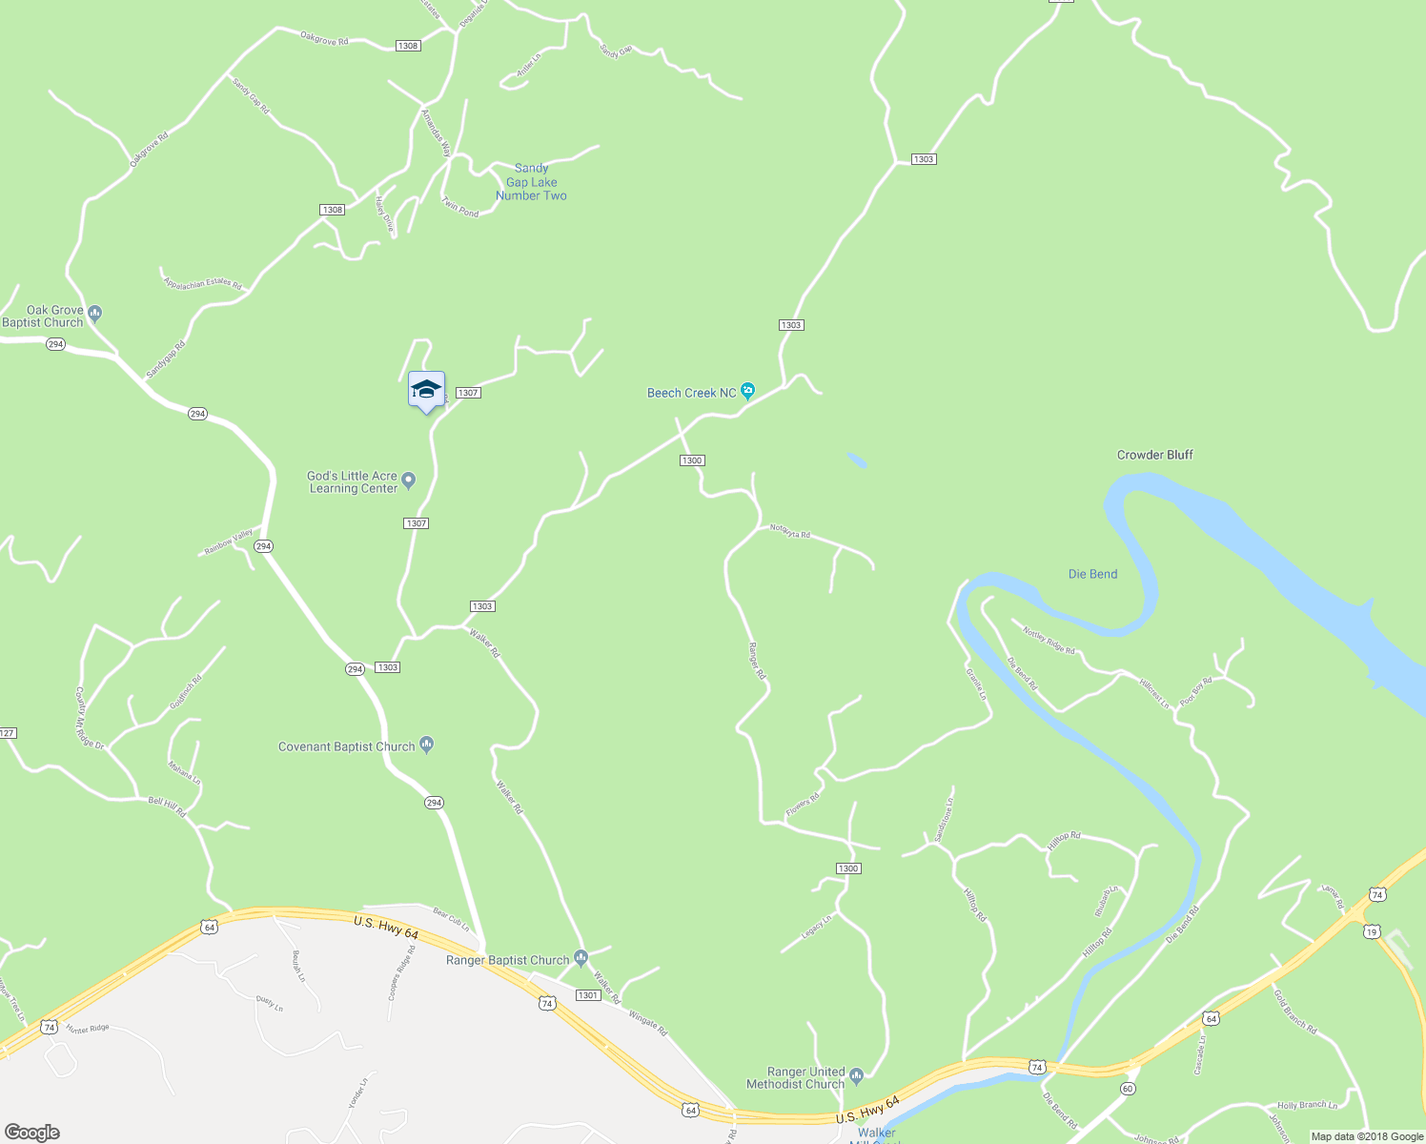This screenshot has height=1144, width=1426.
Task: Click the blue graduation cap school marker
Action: click(426, 390)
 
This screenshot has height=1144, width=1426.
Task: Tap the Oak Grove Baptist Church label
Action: click(44, 317)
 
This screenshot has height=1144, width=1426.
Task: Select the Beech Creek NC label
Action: click(692, 393)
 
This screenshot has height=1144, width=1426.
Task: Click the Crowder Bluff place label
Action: click(1154, 455)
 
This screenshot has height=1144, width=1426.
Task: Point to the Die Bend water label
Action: click(1092, 574)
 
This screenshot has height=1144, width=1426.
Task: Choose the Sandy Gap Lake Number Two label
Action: click(531, 182)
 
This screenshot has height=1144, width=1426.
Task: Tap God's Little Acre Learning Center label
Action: click(353, 482)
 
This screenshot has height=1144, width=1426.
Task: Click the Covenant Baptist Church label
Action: click(347, 746)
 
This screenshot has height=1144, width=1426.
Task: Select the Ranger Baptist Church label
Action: click(508, 960)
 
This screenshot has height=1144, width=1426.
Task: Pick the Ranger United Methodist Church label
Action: click(796, 1078)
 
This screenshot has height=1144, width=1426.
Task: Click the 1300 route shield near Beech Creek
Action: click(692, 460)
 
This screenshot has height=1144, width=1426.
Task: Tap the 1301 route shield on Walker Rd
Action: click(588, 995)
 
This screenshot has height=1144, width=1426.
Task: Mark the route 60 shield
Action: click(1128, 1089)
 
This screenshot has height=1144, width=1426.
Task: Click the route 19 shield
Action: click(1372, 932)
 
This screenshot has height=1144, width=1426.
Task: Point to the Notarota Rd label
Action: click(790, 533)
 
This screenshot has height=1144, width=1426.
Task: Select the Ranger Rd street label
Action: click(757, 661)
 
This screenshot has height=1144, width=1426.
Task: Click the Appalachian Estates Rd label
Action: click(202, 283)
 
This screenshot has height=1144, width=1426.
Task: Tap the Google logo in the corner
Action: click(31, 1133)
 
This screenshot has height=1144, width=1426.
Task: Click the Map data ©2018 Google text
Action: click(1366, 1136)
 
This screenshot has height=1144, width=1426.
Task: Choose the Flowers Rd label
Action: click(802, 806)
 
